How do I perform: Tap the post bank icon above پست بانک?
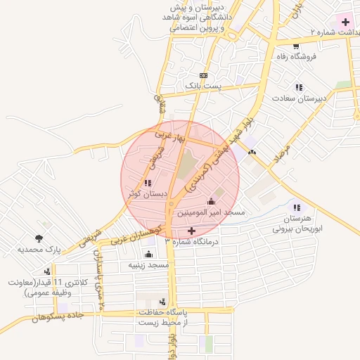tap(203, 75)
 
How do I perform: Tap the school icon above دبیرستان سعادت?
tap(299, 88)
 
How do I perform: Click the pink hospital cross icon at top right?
tap(345, 22)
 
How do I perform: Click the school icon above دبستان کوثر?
tap(146, 183)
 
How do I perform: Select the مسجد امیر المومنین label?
tap(210, 212)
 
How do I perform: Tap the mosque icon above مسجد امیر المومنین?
tap(211, 202)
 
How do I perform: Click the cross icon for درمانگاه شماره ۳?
tap(191, 231)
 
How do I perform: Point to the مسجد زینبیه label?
tap(148, 265)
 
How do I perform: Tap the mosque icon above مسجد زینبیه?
tap(148, 255)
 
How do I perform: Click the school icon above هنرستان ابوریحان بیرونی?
tap(296, 208)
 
